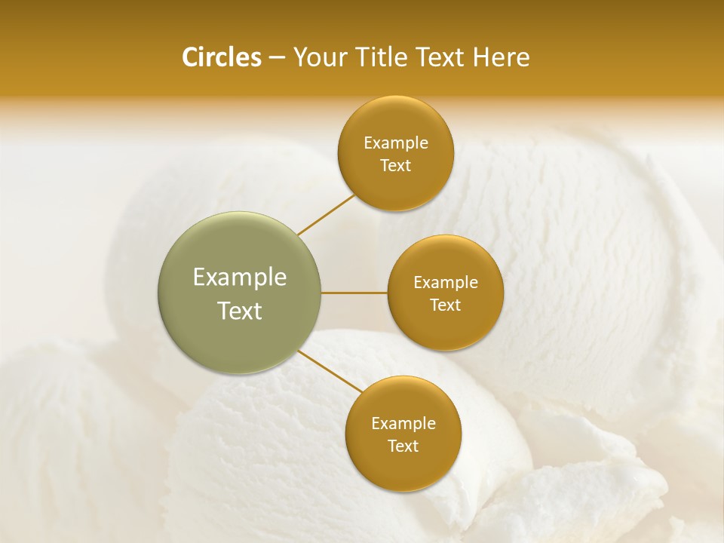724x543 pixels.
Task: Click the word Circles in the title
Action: (222, 57)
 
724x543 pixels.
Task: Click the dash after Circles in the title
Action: (277, 58)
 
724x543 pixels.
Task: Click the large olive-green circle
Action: (239, 293)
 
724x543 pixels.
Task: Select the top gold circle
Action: (396, 154)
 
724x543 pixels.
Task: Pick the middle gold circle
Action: (446, 293)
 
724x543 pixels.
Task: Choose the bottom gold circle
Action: (403, 434)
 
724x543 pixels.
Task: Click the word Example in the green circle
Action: (240, 278)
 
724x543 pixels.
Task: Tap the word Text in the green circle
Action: (240, 311)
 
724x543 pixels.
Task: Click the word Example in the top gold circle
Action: (396, 143)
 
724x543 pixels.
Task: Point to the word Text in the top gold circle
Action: (396, 166)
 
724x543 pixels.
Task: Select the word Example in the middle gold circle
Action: (446, 283)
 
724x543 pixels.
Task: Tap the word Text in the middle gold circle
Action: (446, 305)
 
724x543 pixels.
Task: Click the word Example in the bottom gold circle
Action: (403, 424)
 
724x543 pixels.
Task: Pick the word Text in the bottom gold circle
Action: (403, 446)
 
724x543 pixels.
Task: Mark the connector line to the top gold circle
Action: (327, 214)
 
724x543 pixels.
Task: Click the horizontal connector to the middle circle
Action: (354, 293)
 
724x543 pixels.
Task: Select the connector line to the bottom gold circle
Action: (330, 371)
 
